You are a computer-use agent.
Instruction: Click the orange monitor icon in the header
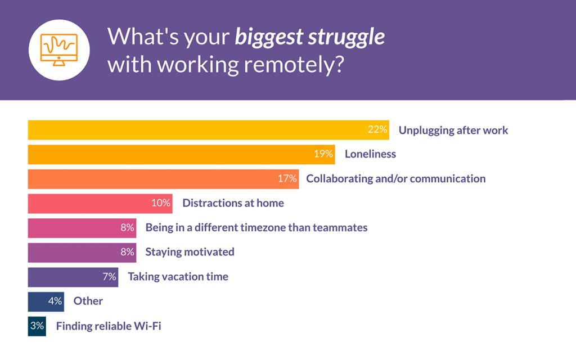tap(60, 50)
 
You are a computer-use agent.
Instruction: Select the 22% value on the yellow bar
tap(377, 130)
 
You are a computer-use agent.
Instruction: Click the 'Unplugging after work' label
tap(453, 130)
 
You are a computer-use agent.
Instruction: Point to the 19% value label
tap(323, 154)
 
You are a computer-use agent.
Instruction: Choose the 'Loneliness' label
tap(370, 154)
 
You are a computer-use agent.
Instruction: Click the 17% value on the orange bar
tap(286, 179)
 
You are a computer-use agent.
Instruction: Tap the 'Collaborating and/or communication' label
tap(395, 179)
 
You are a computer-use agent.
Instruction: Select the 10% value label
tap(161, 203)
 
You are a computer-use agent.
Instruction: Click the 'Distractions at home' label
tap(233, 203)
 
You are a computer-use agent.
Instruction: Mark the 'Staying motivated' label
tap(190, 252)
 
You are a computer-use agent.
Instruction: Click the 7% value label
tap(109, 277)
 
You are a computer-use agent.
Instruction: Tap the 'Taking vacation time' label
tap(178, 277)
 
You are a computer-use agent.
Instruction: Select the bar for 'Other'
tap(45, 301)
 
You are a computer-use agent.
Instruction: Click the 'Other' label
tap(88, 301)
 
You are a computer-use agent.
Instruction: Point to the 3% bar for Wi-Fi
tap(37, 326)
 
